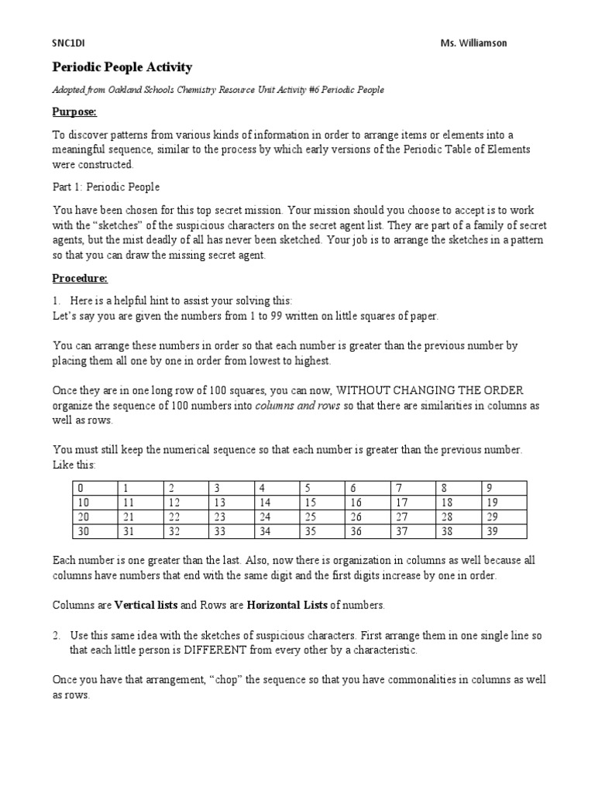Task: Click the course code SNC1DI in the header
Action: point(66,43)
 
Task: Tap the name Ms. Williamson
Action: point(473,43)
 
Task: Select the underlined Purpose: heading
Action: point(74,112)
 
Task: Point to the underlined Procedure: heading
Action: point(80,278)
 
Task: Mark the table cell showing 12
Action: point(184,503)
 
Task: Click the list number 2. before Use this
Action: point(57,636)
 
